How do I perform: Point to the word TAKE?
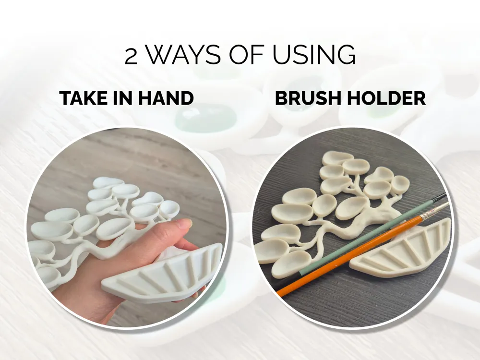coord(84,98)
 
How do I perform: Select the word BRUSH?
coord(308,98)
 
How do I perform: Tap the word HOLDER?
coord(386,98)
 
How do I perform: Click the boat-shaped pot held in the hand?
coord(161,274)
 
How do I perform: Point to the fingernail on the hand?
coord(185,224)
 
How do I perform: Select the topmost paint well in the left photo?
coord(107,183)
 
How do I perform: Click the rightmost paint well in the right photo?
coord(400,183)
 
